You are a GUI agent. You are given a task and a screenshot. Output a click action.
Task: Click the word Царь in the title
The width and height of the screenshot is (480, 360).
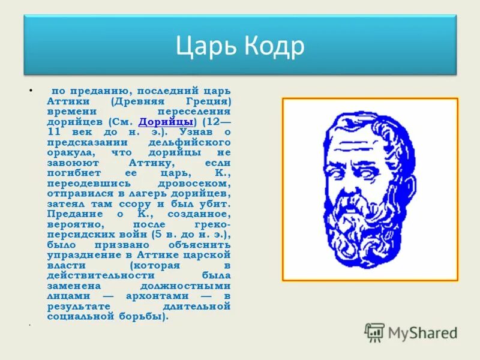coord(205,46)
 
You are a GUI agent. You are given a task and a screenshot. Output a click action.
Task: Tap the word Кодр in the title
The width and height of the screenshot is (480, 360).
coord(271,46)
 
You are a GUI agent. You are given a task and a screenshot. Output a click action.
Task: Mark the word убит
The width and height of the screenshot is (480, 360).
coord(216,203)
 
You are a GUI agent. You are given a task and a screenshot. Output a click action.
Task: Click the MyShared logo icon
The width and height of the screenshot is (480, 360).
coord(375,332)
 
